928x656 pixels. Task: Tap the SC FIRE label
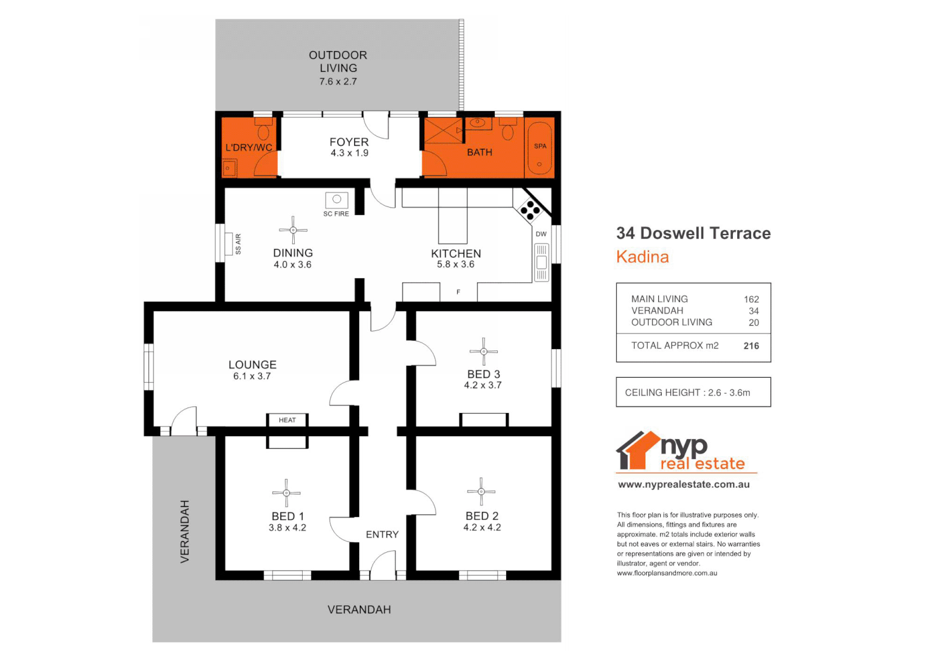[336, 214]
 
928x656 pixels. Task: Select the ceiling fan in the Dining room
[293, 230]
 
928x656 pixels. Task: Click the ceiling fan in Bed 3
[484, 351]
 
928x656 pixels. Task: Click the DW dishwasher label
[541, 234]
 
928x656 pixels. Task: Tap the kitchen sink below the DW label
[541, 262]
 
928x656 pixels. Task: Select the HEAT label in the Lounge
[287, 420]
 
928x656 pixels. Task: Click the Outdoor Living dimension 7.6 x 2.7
[339, 81]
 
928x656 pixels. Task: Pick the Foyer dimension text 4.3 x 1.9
[349, 153]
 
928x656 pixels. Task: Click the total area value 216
[751, 346]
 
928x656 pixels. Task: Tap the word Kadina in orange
[642, 257]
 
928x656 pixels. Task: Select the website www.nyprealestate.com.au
[684, 485]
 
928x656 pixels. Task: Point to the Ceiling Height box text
[687, 392]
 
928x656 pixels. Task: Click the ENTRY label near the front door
[382, 535]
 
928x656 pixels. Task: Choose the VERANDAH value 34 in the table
[754, 311]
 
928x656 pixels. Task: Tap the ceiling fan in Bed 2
[481, 491]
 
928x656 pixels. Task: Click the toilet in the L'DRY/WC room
[264, 130]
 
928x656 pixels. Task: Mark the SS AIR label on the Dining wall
[238, 244]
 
